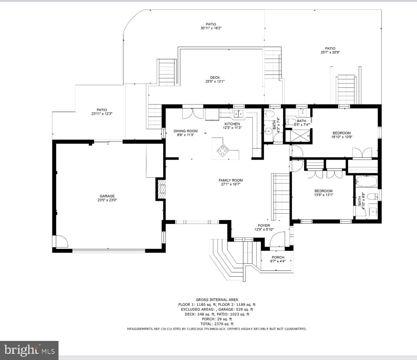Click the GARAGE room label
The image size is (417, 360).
pyautogui.click(x=107, y=196)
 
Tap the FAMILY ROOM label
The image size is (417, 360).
pyautogui.click(x=230, y=180)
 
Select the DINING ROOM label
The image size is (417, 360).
pyautogui.click(x=186, y=131)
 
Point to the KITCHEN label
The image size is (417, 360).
pyautogui.click(x=232, y=124)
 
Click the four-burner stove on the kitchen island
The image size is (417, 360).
pyautogui.click(x=223, y=151)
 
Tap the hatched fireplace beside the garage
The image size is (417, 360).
pyautogui.click(x=162, y=189)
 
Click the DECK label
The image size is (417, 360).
pyautogui.click(x=215, y=77)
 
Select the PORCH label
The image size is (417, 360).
pyautogui.click(x=278, y=257)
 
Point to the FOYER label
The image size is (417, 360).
pyautogui.click(x=264, y=225)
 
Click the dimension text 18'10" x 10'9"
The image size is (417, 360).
pyautogui.click(x=342, y=137)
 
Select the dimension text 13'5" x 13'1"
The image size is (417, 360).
pyautogui.click(x=323, y=195)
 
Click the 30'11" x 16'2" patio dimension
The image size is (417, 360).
pyautogui.click(x=211, y=28)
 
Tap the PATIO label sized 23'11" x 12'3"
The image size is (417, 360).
pyautogui.click(x=102, y=110)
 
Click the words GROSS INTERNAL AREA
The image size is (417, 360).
pyautogui.click(x=217, y=300)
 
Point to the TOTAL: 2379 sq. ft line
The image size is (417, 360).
pyautogui.click(x=217, y=324)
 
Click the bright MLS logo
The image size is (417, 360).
pyautogui.click(x=29, y=350)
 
